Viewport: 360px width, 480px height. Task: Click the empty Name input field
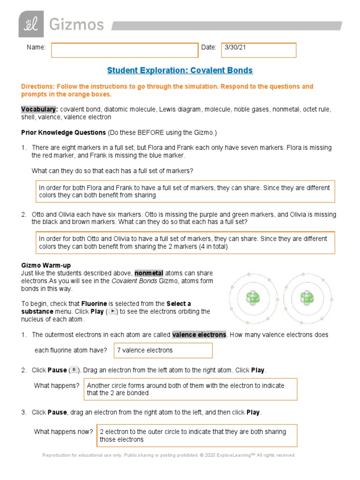click(125, 50)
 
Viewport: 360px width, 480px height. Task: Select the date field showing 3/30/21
click(259, 50)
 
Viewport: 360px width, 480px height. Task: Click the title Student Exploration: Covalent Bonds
click(180, 70)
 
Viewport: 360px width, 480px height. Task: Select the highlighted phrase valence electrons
click(199, 335)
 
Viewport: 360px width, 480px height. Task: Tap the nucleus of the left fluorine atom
click(253, 297)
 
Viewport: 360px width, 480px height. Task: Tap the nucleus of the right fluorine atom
click(307, 297)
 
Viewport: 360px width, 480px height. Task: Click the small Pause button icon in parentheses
click(74, 370)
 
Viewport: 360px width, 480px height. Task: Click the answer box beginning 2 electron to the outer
click(196, 435)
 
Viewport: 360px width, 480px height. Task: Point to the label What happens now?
click(63, 432)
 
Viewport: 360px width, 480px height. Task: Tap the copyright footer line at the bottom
click(168, 455)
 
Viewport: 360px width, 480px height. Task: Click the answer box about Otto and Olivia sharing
click(186, 243)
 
